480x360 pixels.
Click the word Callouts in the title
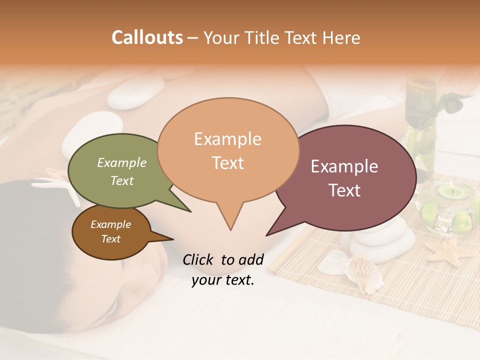(147, 38)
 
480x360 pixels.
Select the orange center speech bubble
(228, 150)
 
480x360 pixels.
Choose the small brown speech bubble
(110, 232)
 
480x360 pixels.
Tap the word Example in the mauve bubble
(344, 166)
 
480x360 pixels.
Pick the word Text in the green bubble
(122, 181)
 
